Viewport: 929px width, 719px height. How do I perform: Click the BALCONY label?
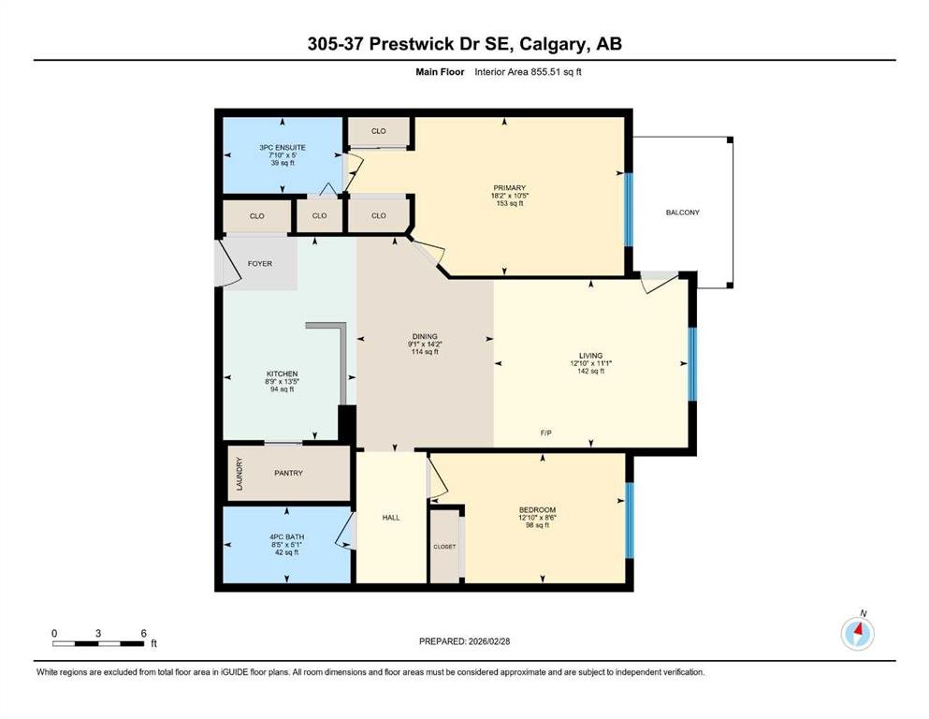683,213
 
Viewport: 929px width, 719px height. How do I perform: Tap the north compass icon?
857,633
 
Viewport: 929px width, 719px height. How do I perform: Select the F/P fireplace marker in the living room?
545,433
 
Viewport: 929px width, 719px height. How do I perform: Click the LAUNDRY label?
240,474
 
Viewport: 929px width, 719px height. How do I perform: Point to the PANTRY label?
288,473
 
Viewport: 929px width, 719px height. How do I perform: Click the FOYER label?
260,264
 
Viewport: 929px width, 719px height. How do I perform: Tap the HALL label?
391,518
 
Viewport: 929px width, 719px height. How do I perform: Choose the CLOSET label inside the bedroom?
444,547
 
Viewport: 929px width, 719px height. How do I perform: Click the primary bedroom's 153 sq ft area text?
510,203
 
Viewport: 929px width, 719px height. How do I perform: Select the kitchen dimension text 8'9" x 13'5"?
282,382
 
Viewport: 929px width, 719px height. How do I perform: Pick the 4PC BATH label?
287,537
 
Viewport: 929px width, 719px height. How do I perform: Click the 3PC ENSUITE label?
283,147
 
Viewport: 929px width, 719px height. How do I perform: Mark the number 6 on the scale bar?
143,633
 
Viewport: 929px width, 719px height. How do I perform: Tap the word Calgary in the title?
553,44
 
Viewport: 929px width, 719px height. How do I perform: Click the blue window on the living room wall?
692,364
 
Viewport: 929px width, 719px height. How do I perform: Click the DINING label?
425,336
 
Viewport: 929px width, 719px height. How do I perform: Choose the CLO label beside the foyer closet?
257,215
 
